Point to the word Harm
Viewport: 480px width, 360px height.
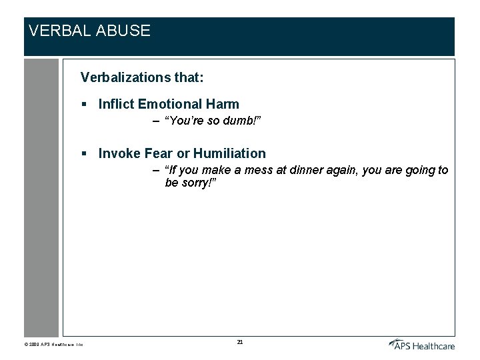coord(223,104)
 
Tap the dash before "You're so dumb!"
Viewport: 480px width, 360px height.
coord(155,122)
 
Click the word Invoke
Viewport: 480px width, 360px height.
coord(118,153)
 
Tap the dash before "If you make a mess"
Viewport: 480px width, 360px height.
coord(155,171)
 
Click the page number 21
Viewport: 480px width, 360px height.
coord(240,342)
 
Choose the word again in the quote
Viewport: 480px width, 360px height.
coord(343,171)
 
